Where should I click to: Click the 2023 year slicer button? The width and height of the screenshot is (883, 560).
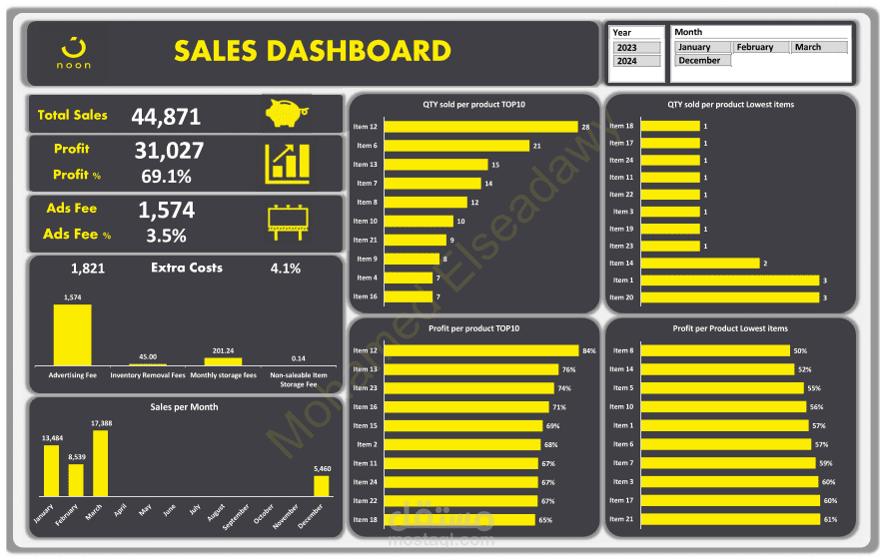[x=636, y=48]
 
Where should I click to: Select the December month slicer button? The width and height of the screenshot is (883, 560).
[x=703, y=61]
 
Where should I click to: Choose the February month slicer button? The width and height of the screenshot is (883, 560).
[x=760, y=47]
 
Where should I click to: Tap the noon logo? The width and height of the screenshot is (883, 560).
[x=74, y=53]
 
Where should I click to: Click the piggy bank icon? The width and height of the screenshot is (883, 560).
[x=287, y=113]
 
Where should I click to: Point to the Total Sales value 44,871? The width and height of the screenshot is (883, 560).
[x=166, y=117]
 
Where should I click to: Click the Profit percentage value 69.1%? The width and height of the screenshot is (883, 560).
[x=166, y=177]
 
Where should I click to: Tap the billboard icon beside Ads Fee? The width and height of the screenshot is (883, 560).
[x=287, y=222]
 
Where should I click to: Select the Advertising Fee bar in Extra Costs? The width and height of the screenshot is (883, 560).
[x=72, y=334]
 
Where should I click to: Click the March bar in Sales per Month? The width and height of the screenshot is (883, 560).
[x=100, y=463]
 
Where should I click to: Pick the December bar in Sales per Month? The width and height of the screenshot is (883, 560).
[x=321, y=485]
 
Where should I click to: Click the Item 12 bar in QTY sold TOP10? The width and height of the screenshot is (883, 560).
[x=480, y=127]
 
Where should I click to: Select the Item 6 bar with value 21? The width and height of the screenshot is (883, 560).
[x=456, y=146]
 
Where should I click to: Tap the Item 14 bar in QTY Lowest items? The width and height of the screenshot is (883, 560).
[x=699, y=264]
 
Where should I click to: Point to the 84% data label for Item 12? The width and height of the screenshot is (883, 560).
[x=589, y=350]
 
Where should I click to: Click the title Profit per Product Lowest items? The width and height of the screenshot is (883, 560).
[x=730, y=328]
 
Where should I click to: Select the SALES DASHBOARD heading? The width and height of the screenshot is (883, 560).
[x=312, y=52]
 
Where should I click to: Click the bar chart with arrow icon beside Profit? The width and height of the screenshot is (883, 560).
[x=287, y=164]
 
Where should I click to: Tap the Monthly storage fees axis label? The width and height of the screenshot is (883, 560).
[x=224, y=374]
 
